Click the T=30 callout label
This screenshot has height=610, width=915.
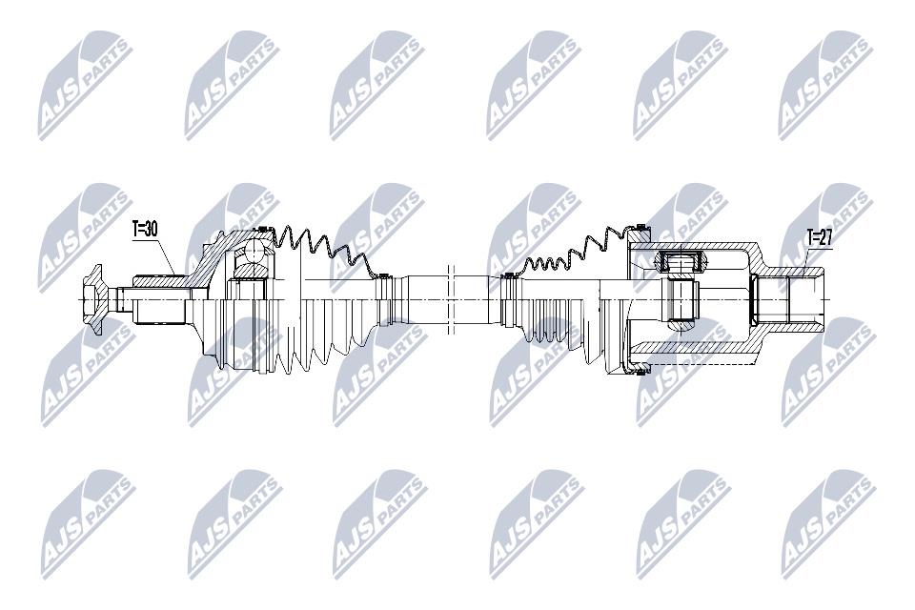[x=145, y=230]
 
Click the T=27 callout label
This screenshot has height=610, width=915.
[x=820, y=238]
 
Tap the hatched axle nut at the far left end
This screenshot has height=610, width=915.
[x=92, y=299]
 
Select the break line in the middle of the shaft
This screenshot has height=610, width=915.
[x=450, y=299]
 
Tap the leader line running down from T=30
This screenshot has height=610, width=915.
[x=166, y=255]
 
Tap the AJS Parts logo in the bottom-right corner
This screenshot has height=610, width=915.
[x=828, y=524]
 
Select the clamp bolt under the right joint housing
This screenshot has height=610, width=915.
[x=641, y=370]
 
